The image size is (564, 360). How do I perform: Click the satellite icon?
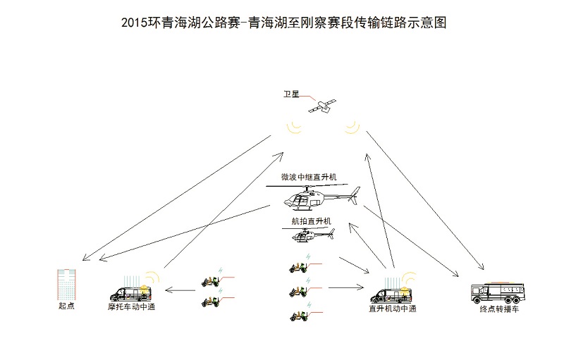(x=322, y=106)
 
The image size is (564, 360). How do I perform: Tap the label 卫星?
(x=291, y=94)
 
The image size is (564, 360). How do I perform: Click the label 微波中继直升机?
(x=309, y=177)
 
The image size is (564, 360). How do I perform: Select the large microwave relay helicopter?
(x=313, y=197)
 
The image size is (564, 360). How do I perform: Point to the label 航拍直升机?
(x=312, y=221)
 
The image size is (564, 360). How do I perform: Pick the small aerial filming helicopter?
(x=309, y=235)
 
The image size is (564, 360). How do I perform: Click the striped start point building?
(x=66, y=284)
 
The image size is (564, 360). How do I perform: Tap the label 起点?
(x=66, y=306)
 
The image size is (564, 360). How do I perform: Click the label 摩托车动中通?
(x=132, y=307)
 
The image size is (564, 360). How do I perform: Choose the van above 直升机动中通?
(x=391, y=295)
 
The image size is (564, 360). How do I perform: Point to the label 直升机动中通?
(x=393, y=309)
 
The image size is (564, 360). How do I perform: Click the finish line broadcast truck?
(x=498, y=293)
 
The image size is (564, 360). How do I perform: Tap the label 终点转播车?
(x=499, y=309)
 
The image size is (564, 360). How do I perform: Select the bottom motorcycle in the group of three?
(x=299, y=316)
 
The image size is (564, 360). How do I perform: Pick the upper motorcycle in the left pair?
(x=210, y=281)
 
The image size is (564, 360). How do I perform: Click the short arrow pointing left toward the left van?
(x=180, y=290)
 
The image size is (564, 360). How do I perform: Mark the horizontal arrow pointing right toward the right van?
(x=346, y=287)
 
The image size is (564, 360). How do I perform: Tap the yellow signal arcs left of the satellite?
(x=294, y=128)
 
